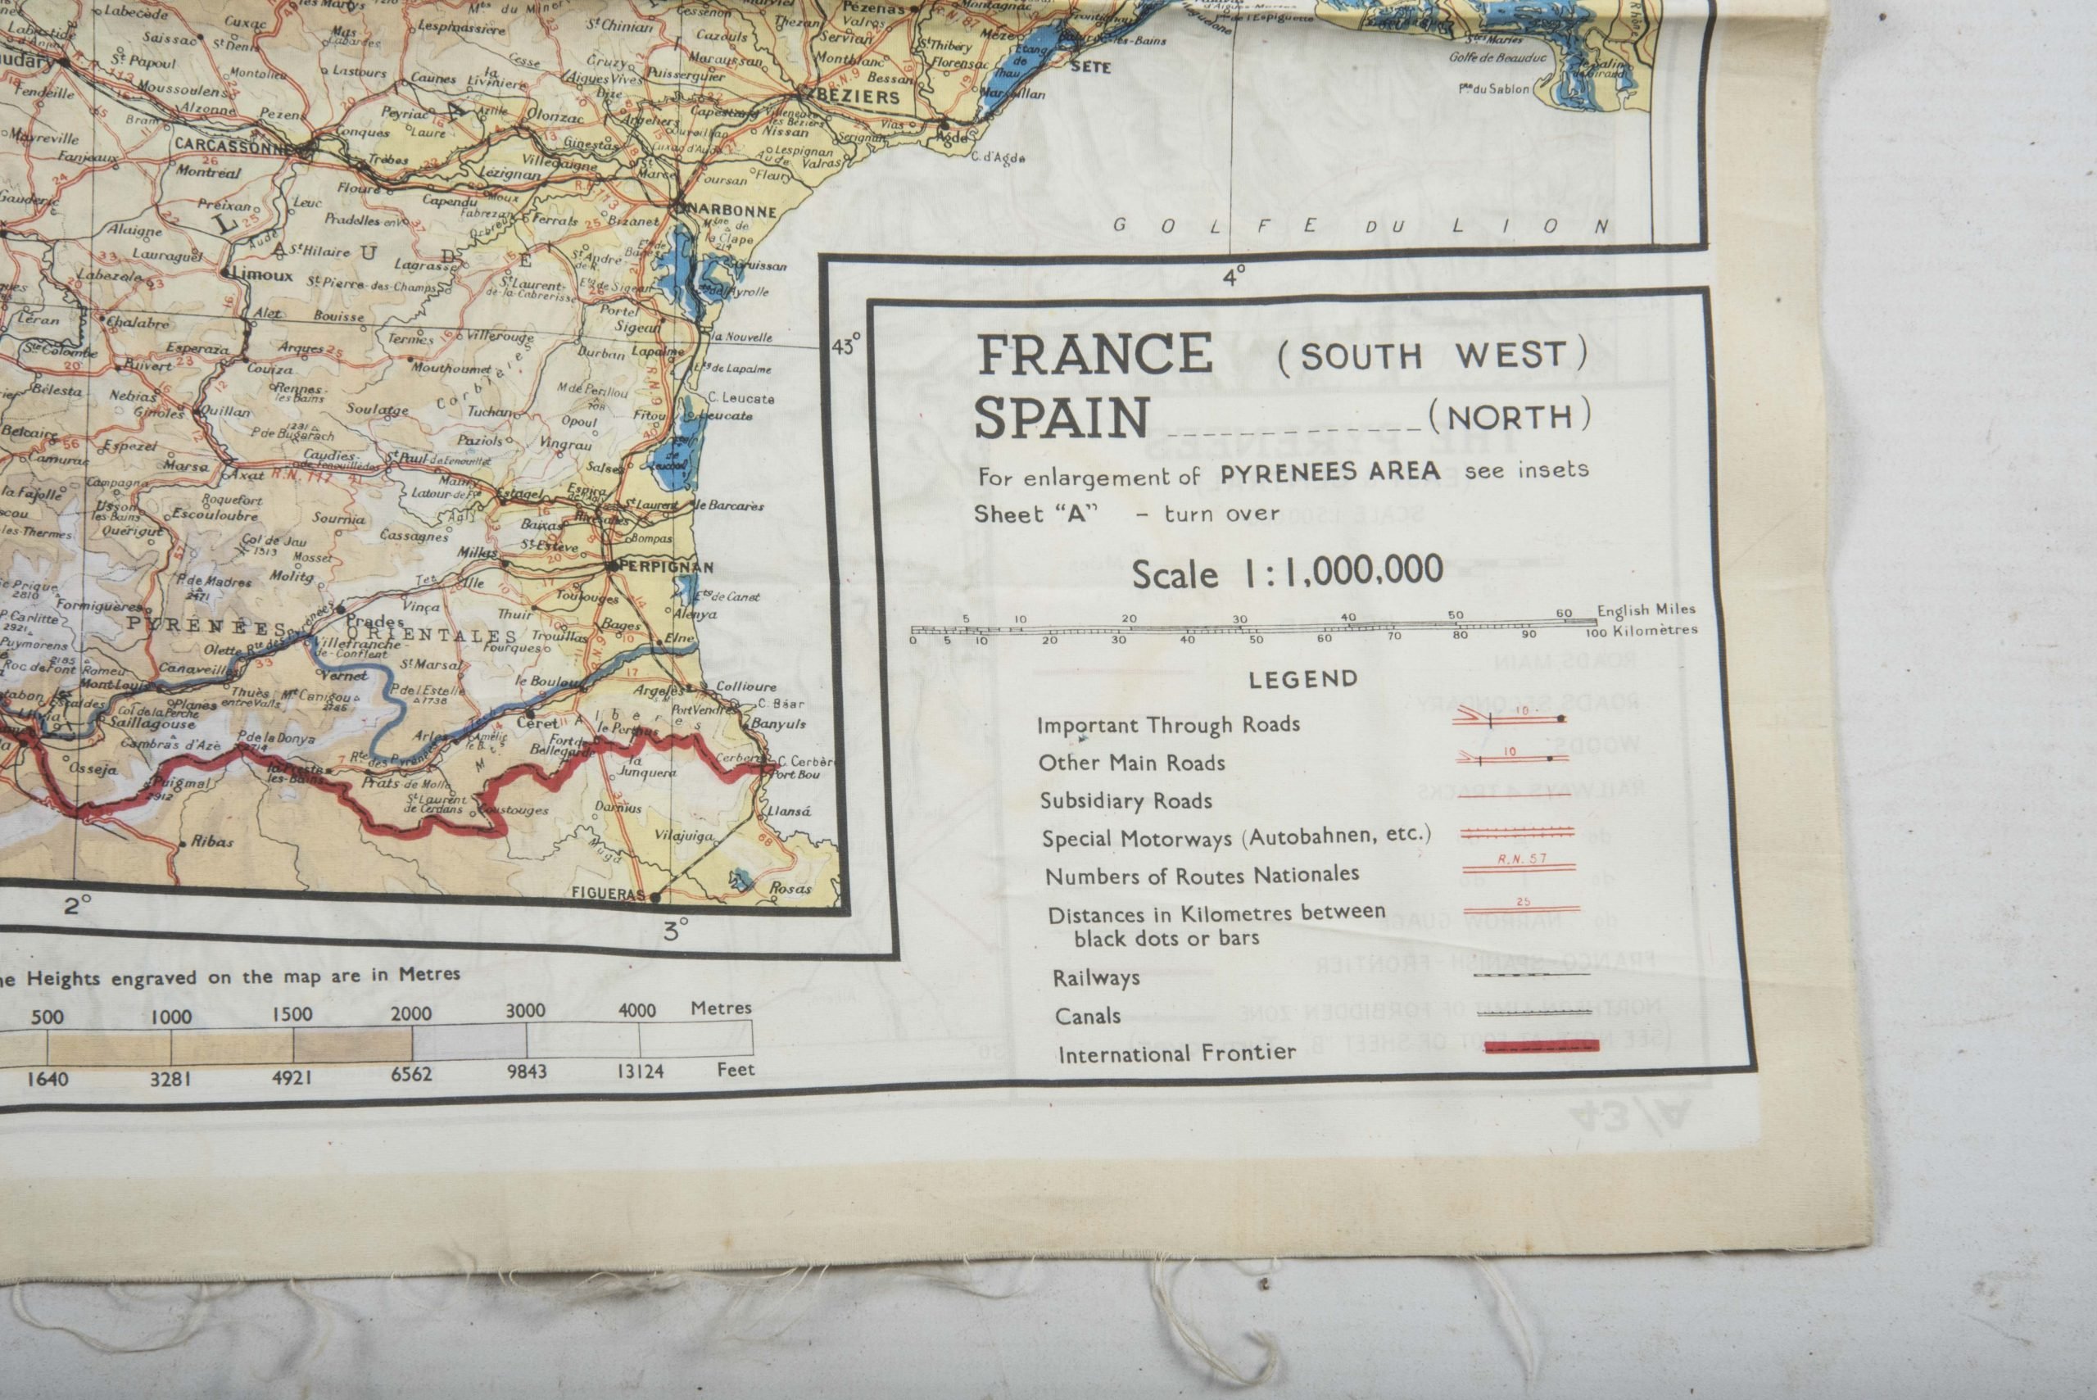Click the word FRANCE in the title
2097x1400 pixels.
pos(1094,355)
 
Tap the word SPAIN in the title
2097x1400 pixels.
pos(1062,418)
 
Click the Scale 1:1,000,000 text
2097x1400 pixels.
pos(1288,573)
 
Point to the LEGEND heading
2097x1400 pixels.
pos(1302,679)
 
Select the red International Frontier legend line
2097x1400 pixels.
pos(1542,1046)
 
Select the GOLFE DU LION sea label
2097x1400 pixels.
pos(1361,226)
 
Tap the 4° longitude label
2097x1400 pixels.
pos(1234,277)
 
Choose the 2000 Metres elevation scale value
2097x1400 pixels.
pos(411,1013)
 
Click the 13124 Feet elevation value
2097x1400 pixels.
pos(640,1071)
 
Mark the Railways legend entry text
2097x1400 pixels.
pos(1097,977)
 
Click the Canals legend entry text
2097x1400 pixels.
pos(1087,1016)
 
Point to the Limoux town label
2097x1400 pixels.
pos(262,274)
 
